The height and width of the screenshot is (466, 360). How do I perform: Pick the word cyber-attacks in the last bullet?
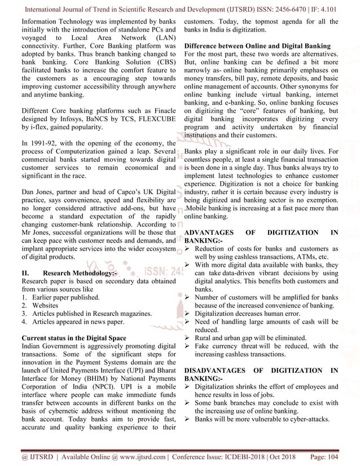[x=303, y=420]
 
